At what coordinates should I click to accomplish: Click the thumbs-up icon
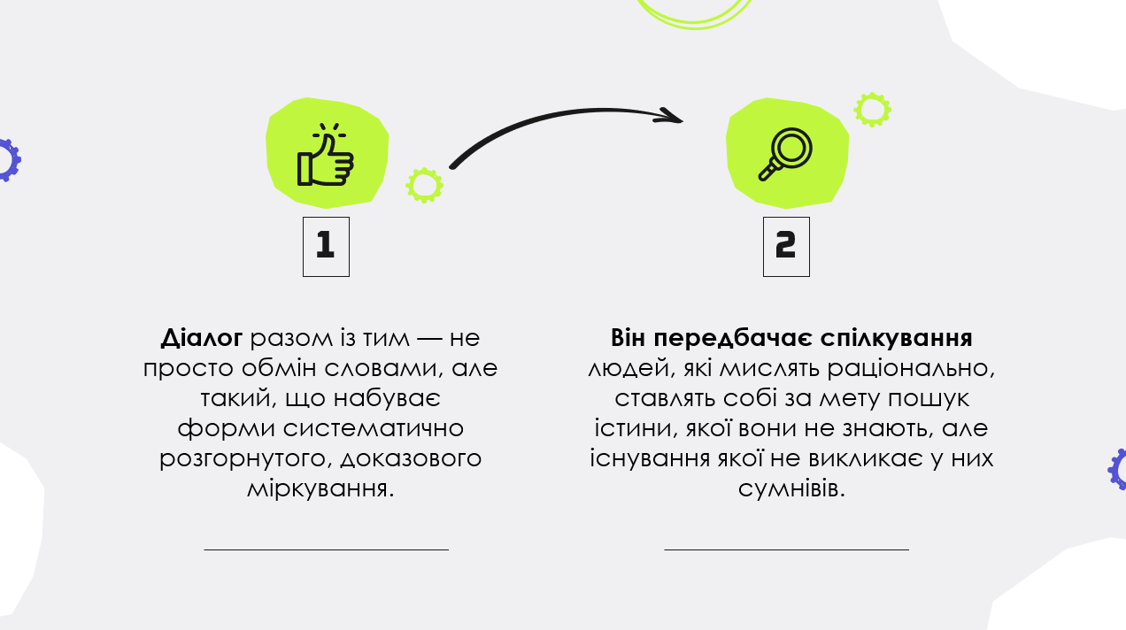click(325, 154)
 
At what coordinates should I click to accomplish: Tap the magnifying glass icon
click(785, 154)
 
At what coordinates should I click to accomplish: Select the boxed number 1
click(326, 247)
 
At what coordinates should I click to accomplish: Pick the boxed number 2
click(786, 247)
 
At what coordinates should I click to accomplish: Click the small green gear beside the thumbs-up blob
click(424, 186)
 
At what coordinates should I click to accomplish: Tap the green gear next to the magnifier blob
click(872, 110)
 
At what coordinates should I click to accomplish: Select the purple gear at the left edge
click(9, 160)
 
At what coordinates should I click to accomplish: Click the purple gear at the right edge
click(1117, 469)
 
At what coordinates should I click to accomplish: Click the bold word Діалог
click(202, 338)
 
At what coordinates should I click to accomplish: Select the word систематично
click(373, 428)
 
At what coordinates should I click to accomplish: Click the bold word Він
click(628, 338)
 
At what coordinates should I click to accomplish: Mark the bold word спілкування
click(896, 339)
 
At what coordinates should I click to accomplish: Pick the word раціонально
click(911, 369)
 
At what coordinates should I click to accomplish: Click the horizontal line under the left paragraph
click(327, 549)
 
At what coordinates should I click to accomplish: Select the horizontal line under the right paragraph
click(787, 549)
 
